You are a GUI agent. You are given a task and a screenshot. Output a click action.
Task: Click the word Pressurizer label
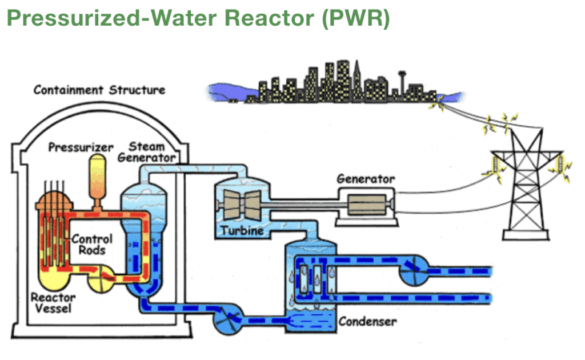click(x=81, y=147)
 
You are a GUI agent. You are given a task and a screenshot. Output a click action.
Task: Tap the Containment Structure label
click(x=99, y=90)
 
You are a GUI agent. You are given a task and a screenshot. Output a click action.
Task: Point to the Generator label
click(x=365, y=179)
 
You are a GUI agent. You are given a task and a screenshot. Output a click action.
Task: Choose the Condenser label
click(x=368, y=321)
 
